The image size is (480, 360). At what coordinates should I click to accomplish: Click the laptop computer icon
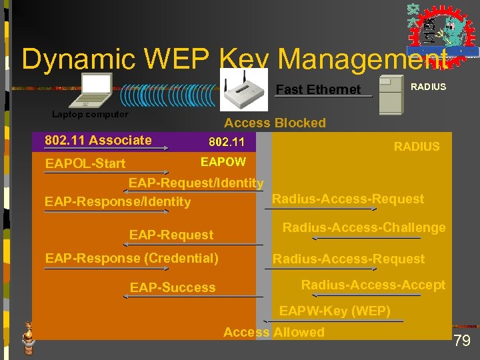[x=91, y=91]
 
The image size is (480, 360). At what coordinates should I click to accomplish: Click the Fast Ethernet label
[x=318, y=89]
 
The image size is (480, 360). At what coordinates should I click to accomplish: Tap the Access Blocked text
[x=275, y=123]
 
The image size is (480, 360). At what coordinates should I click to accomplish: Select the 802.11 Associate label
[x=97, y=140]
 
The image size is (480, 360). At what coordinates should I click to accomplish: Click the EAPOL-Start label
[x=85, y=163]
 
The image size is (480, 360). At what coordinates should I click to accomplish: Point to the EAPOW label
[x=223, y=162]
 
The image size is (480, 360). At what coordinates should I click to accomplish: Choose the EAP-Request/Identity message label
[x=196, y=183]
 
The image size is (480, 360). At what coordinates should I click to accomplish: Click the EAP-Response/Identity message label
[x=117, y=201]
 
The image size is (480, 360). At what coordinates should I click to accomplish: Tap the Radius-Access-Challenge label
[x=364, y=227]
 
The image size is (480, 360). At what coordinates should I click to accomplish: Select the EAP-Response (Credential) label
[x=131, y=258]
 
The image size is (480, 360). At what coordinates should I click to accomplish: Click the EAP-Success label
[x=173, y=287]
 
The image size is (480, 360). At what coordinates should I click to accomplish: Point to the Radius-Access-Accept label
[x=373, y=285]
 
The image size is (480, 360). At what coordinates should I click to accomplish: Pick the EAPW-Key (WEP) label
[x=335, y=311]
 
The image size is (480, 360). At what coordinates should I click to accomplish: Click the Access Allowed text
[x=274, y=332]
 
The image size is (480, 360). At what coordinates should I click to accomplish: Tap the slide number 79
[x=462, y=341]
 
